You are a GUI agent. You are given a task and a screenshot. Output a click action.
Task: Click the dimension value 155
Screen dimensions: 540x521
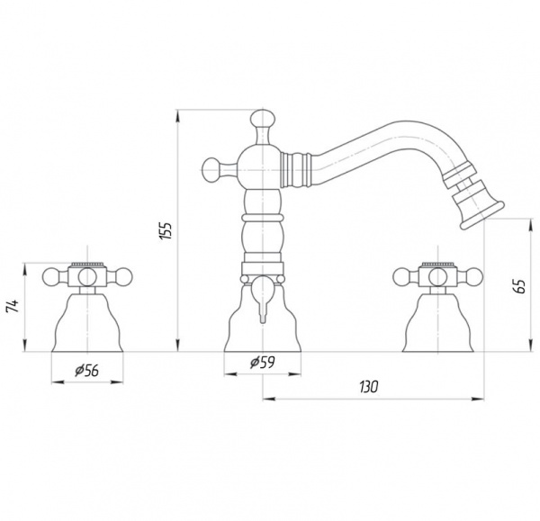(x=166, y=230)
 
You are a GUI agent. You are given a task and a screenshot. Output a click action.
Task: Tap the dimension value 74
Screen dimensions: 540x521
(x=13, y=307)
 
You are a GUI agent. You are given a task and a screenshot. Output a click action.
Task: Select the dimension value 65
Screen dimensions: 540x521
(x=520, y=286)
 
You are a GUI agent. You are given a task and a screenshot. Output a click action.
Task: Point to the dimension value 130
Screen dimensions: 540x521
(x=369, y=387)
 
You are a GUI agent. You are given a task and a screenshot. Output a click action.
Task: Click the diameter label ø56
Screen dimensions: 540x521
(x=86, y=370)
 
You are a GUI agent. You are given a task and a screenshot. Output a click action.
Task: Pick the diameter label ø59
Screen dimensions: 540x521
(x=263, y=362)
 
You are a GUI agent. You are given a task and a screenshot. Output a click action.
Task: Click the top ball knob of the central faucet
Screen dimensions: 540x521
(x=263, y=119)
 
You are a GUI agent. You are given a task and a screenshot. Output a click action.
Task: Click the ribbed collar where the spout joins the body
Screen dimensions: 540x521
(x=296, y=170)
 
